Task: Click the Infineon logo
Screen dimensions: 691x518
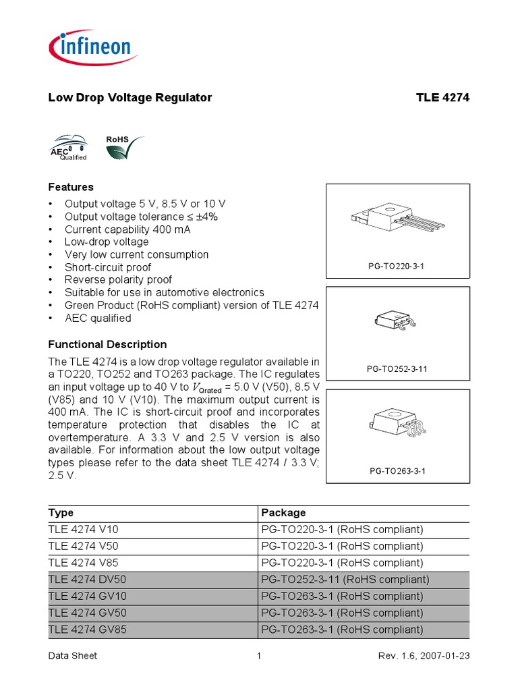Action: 92,49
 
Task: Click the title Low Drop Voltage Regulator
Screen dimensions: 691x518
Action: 130,98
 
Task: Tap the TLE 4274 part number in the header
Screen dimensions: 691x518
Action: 442,98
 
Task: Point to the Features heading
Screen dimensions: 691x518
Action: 71,187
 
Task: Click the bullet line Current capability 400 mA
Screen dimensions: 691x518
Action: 127,229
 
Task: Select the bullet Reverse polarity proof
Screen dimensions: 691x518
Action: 118,279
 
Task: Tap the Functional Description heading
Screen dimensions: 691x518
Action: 107,344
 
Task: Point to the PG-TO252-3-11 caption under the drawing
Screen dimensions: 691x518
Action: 397,369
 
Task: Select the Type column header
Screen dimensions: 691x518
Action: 61,513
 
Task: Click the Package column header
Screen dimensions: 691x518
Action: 283,513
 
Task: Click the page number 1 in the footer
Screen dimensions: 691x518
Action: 259,655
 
